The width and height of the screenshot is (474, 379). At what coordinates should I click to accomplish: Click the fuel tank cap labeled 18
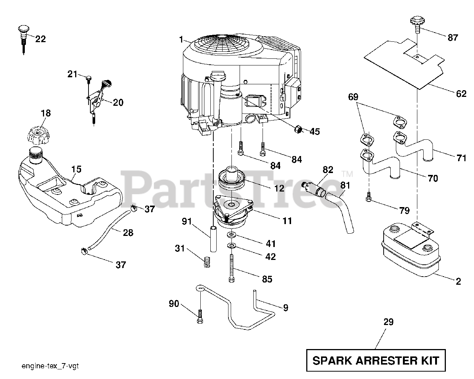[39, 134]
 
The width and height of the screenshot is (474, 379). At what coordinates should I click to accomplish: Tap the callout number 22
[40, 39]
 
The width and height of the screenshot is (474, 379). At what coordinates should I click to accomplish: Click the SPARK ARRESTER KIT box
[376, 360]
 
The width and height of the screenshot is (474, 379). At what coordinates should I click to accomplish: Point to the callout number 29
[388, 322]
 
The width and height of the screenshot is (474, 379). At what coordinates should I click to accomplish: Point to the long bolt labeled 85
[231, 268]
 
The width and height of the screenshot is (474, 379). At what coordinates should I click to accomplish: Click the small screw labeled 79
[369, 199]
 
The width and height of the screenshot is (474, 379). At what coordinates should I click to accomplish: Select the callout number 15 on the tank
[76, 169]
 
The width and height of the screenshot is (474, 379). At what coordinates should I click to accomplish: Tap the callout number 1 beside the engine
[181, 38]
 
